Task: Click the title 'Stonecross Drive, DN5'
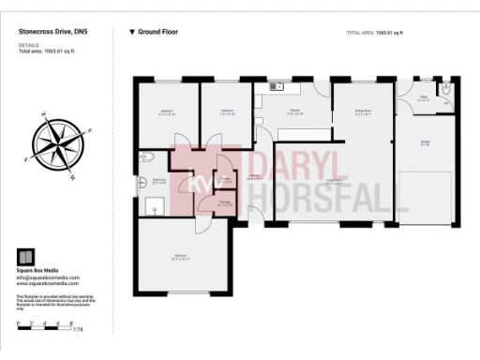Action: [52, 31]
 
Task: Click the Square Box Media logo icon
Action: [27, 256]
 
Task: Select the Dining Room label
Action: [363, 111]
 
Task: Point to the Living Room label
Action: [333, 182]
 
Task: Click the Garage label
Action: [425, 142]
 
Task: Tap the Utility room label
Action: [423, 97]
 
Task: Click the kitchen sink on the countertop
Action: [277, 86]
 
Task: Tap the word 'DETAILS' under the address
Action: [28, 44]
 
